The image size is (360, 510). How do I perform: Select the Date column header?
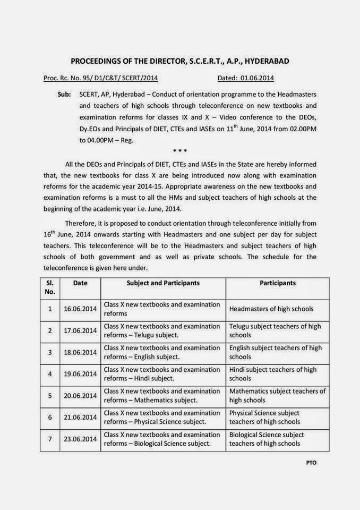[x=80, y=283]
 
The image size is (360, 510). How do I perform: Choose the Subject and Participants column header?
[x=163, y=283]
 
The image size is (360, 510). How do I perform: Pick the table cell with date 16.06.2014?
[x=80, y=309]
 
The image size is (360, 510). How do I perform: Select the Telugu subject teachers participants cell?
[x=276, y=330]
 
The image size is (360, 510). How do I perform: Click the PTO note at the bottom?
[x=311, y=463]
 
